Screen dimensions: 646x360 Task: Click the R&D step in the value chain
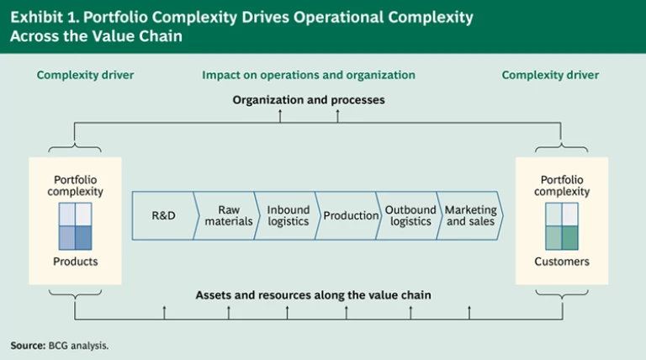pos(163,215)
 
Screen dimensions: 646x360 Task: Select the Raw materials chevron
pos(226,215)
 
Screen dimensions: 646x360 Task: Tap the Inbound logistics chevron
pos(287,215)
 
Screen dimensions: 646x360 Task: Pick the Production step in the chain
pos(348,215)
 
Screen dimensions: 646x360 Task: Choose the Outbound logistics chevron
pos(409,215)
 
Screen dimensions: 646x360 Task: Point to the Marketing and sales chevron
pos(470,215)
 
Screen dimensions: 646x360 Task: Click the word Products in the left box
pos(76,262)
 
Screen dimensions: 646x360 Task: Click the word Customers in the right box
pos(562,262)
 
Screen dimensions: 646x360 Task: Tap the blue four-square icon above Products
pos(76,226)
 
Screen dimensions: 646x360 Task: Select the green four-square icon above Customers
pos(562,226)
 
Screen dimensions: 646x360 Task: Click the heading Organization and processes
pos(309,100)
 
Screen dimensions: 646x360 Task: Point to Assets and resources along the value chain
pos(313,295)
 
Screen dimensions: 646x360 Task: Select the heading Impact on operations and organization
pos(309,75)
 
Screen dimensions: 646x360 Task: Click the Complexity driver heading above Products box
pos(85,75)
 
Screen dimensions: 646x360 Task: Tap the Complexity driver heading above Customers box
pos(550,75)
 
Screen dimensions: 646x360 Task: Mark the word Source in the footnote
pos(28,346)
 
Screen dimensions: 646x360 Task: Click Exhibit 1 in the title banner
pos(45,18)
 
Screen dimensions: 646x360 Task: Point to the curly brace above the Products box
pos(75,147)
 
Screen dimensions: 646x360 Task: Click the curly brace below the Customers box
pos(562,294)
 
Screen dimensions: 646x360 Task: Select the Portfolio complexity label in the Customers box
pos(562,186)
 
